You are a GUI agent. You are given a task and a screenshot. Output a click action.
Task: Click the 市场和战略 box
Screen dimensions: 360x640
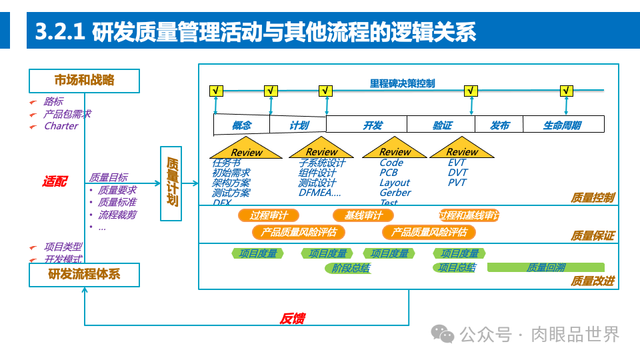click(x=84, y=81)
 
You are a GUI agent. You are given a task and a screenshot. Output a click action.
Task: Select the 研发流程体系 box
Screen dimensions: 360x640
click(x=84, y=274)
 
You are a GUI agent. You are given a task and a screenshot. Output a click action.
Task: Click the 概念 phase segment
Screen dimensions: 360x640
click(x=241, y=125)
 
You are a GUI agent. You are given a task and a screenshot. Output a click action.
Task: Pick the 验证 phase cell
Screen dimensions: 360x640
click(x=441, y=125)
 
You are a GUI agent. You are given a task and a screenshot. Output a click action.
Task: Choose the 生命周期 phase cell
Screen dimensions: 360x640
click(x=562, y=125)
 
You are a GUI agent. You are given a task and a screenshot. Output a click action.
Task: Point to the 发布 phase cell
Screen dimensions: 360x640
click(x=499, y=125)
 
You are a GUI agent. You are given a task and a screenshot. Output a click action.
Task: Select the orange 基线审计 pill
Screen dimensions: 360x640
click(x=363, y=215)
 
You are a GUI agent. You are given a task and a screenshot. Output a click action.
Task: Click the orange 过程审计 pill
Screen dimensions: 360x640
click(x=269, y=215)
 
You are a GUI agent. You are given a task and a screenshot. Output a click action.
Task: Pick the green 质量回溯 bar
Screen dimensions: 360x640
click(x=546, y=267)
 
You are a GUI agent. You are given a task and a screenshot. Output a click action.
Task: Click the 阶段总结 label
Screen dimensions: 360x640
click(x=351, y=268)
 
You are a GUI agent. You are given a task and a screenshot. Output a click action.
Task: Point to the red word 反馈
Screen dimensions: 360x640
click(x=291, y=319)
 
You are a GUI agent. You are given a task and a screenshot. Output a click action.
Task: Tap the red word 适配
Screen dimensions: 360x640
click(x=54, y=181)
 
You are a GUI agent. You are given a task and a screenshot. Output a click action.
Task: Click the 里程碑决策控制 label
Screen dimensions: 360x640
click(x=402, y=83)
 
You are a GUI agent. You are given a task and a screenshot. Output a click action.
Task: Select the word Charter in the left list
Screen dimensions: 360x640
click(x=61, y=126)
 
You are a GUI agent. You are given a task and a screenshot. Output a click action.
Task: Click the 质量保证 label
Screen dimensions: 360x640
click(x=593, y=236)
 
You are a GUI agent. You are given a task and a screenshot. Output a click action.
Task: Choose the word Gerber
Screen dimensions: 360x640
click(x=395, y=193)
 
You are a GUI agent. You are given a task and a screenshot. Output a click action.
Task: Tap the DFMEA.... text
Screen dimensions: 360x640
click(x=319, y=193)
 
